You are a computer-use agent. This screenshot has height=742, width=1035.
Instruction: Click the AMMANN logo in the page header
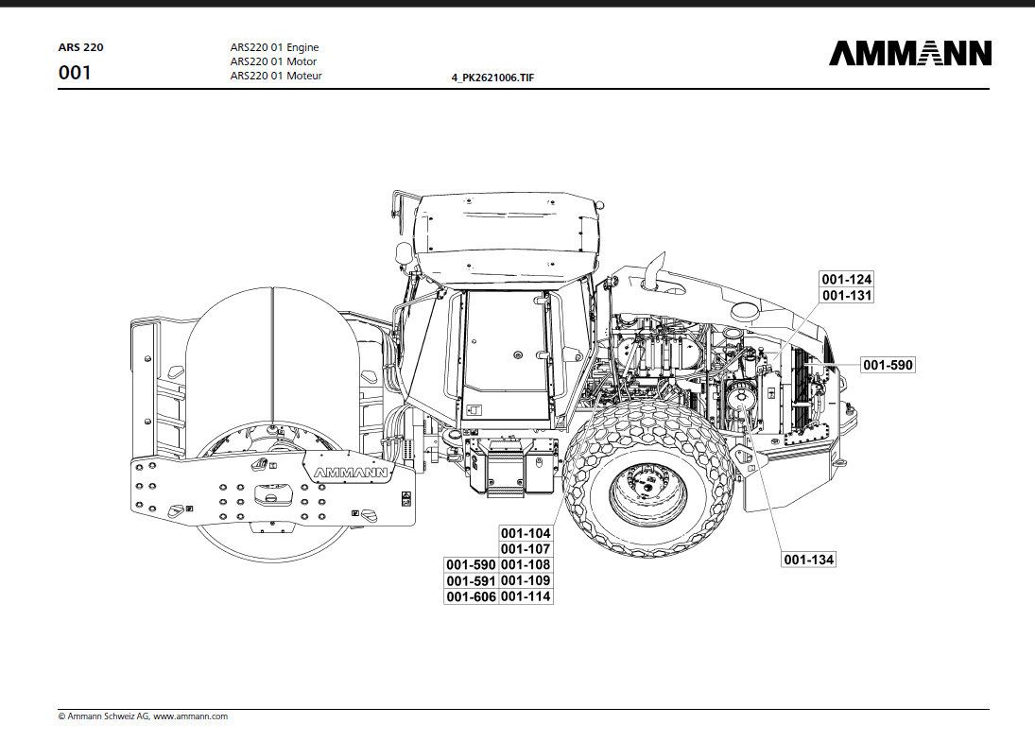click(x=910, y=53)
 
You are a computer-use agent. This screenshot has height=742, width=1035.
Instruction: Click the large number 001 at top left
click(x=75, y=73)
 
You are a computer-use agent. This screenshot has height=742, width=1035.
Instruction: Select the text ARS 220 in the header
click(x=81, y=46)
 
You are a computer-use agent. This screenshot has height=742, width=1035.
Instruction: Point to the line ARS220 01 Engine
click(x=274, y=47)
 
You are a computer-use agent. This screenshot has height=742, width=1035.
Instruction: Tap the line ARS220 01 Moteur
click(x=276, y=76)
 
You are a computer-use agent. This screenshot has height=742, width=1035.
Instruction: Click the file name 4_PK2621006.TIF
click(x=492, y=78)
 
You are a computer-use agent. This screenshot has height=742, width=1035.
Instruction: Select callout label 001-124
click(x=846, y=280)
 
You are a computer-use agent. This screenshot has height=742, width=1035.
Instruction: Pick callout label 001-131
click(x=846, y=296)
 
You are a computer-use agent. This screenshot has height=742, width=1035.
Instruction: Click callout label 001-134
click(x=808, y=560)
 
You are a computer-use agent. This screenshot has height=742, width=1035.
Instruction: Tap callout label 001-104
click(x=526, y=534)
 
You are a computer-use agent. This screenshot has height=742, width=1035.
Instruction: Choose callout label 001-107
click(x=526, y=549)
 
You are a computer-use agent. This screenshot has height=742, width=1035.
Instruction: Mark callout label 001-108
click(x=526, y=565)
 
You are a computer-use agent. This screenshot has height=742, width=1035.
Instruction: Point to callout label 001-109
click(x=526, y=580)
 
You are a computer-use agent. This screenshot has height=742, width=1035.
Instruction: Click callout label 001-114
click(x=526, y=596)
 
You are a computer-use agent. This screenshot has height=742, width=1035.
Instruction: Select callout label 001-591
click(x=471, y=580)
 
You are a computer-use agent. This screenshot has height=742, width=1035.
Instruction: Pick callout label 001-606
click(x=471, y=596)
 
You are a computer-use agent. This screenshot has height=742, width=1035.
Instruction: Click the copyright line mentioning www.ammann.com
click(x=143, y=716)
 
